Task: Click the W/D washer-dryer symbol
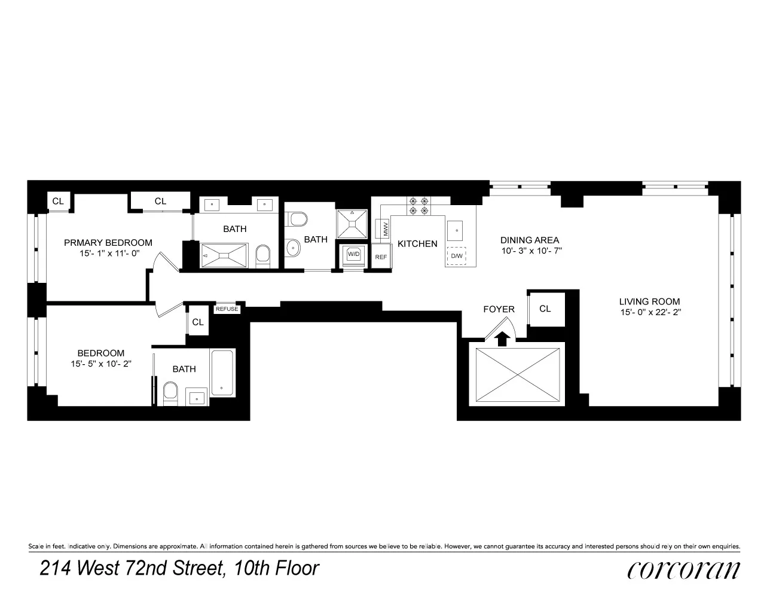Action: click(x=354, y=254)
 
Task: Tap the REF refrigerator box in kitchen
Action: click(x=381, y=257)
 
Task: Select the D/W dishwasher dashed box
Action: click(x=456, y=256)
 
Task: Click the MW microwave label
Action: click(x=383, y=228)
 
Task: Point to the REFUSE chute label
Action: click(x=227, y=309)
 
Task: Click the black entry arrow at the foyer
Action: click(x=503, y=338)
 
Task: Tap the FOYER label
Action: click(x=499, y=309)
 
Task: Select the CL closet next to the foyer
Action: click(x=545, y=309)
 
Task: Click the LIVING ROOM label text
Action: click(x=649, y=301)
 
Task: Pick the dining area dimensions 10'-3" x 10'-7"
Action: click(x=530, y=251)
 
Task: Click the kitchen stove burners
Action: click(x=418, y=206)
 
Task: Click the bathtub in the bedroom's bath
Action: click(x=222, y=371)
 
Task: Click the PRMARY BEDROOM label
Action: click(x=108, y=242)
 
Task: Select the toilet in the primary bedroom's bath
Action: click(x=263, y=258)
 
